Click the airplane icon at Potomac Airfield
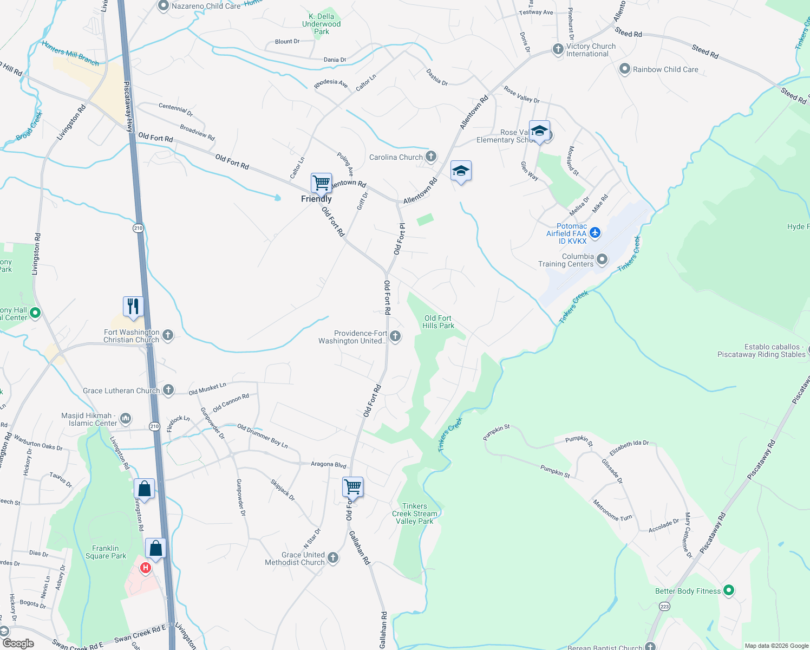tap(595, 233)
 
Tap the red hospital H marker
tap(145, 568)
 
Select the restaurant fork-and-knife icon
tap(133, 306)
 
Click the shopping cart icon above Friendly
tap(321, 183)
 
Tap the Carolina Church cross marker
tap(431, 157)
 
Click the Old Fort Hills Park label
tap(438, 322)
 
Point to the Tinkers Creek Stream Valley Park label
tap(415, 513)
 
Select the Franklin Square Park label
tap(106, 552)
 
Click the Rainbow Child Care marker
tap(625, 69)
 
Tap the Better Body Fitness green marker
tap(729, 590)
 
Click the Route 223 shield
tap(664, 607)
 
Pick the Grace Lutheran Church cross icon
tap(168, 390)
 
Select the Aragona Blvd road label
tap(328, 464)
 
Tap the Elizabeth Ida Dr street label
tap(629, 448)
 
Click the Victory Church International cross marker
tap(558, 49)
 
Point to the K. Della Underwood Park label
tap(321, 24)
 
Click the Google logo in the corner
tap(18, 643)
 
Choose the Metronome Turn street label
tap(612, 510)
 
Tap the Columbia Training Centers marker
tap(602, 261)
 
